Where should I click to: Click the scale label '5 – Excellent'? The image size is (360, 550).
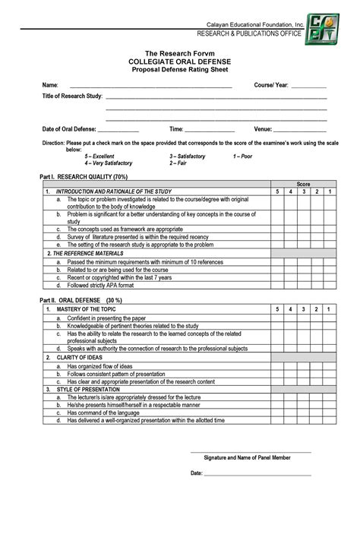[x=99, y=156]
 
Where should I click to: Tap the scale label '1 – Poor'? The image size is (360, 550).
[x=242, y=156]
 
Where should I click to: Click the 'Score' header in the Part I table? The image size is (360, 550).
[x=303, y=185]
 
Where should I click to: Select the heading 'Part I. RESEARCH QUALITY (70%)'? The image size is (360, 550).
[x=84, y=176]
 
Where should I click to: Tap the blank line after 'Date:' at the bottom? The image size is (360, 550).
[x=257, y=473]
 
